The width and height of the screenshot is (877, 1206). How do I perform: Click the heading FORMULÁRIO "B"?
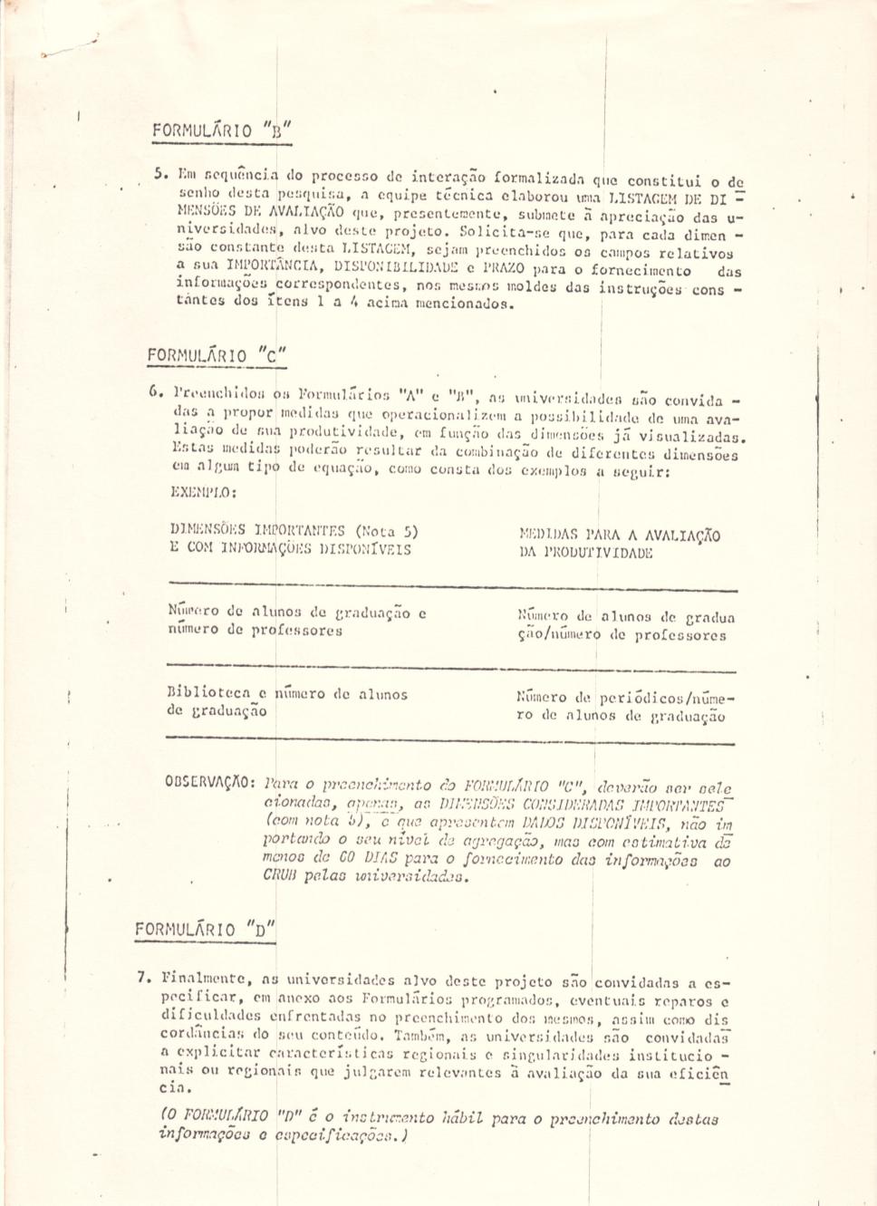pyautogui.click(x=221, y=130)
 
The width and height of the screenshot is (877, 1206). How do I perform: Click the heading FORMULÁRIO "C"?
pyautogui.click(x=217, y=355)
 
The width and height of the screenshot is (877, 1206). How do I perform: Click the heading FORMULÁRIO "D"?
pyautogui.click(x=205, y=929)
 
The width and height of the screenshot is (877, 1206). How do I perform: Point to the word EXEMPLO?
pyautogui.click(x=203, y=492)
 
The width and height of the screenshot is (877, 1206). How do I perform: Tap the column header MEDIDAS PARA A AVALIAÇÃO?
pyautogui.click(x=620, y=535)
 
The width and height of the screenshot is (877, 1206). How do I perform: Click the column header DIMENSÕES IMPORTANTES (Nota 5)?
pyautogui.click(x=293, y=531)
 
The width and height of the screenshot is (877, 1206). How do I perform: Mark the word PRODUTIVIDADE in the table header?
pyautogui.click(x=597, y=553)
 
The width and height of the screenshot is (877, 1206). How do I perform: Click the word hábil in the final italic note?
pyautogui.click(x=462, y=1118)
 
